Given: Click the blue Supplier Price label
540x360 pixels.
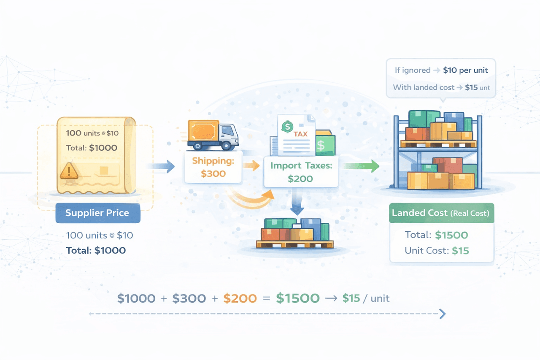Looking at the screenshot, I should point(97,213).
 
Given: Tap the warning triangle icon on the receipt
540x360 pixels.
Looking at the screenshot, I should point(69,171).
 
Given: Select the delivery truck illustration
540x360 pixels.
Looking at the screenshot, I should point(213,135).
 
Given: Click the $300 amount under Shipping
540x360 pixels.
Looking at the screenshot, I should point(213,173).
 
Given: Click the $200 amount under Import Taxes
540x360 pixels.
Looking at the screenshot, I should point(300,179).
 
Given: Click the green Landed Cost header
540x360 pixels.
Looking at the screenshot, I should point(440,213).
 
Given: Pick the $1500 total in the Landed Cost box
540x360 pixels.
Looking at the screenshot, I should point(452,235).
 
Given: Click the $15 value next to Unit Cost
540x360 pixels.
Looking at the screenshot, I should point(460,251).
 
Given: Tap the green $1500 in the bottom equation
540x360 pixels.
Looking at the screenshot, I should point(297,298).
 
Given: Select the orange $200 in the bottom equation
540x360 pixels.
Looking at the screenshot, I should point(240,298).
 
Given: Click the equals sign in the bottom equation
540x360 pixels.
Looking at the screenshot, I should point(266,299).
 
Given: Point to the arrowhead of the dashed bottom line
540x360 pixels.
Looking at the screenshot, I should point(443,314).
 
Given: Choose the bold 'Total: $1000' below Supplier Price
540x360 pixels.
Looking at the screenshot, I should point(96,250).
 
